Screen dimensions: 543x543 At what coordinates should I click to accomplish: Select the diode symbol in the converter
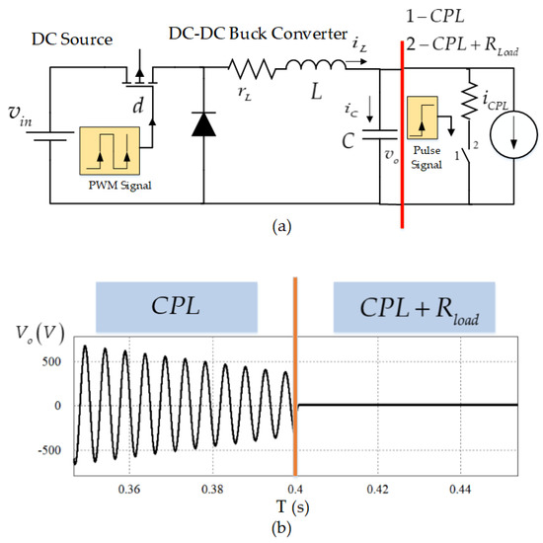(203, 123)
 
